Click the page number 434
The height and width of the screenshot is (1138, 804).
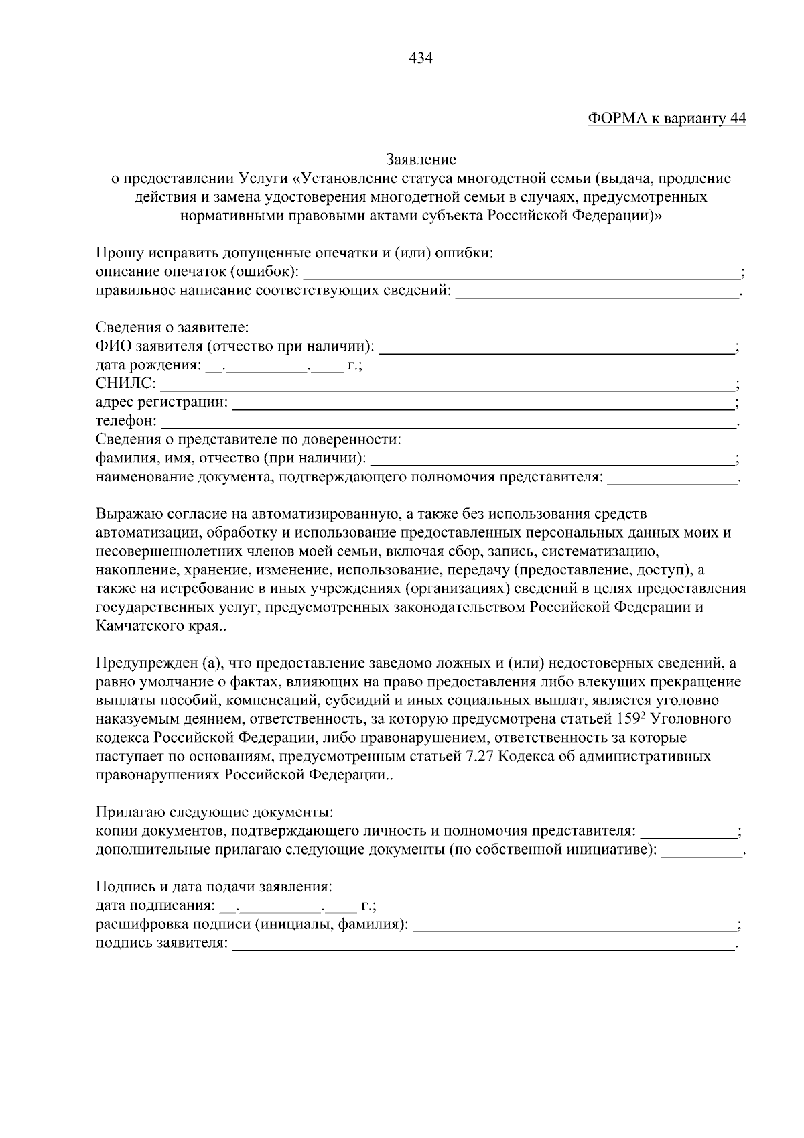[x=421, y=58]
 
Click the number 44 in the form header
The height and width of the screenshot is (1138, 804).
[x=737, y=119]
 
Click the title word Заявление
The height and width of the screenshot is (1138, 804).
[x=421, y=160]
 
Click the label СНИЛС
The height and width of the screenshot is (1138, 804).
[x=125, y=384]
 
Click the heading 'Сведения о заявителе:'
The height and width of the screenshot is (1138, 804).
[x=172, y=328]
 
